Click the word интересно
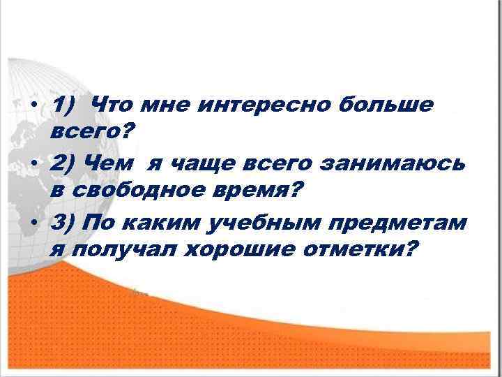[270, 105]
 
